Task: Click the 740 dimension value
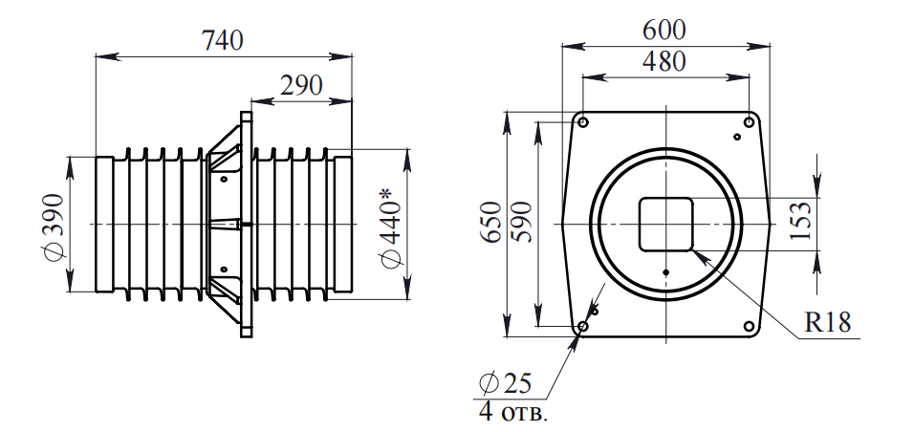point(223,41)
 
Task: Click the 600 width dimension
point(664,31)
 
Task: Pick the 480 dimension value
point(664,63)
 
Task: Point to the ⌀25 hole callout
point(504,384)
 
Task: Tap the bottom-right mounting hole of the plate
point(749,328)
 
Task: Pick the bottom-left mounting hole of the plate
point(582,328)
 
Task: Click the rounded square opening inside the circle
point(665,224)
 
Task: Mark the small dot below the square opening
point(665,271)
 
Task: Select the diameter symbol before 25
point(488,384)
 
